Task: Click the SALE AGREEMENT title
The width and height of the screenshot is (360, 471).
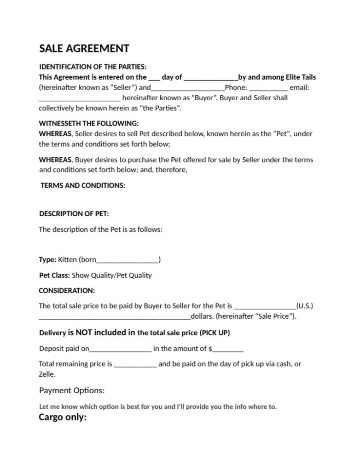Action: tap(84, 49)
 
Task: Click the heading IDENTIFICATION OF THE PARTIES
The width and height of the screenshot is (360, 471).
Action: tap(93, 67)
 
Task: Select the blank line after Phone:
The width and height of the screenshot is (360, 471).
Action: tap(268, 88)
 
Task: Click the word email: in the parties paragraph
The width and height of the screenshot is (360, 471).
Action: tap(299, 87)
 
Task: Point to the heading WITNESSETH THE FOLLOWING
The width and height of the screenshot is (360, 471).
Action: tap(88, 123)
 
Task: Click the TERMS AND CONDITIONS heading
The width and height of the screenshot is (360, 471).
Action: tap(83, 186)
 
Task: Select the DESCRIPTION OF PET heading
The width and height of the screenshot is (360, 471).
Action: tap(74, 214)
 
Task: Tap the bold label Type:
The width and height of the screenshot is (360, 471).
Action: tap(47, 260)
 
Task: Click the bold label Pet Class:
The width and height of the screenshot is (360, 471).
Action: tap(54, 276)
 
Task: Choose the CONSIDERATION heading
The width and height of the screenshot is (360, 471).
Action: tap(67, 291)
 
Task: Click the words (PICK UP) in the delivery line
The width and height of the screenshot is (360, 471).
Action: tap(215, 333)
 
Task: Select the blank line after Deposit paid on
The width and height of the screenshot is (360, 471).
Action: tap(121, 349)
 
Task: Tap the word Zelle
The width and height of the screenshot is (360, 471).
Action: tap(47, 374)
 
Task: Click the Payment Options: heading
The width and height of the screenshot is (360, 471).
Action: tap(72, 391)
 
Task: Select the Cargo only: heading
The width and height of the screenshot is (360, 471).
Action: tap(63, 418)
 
